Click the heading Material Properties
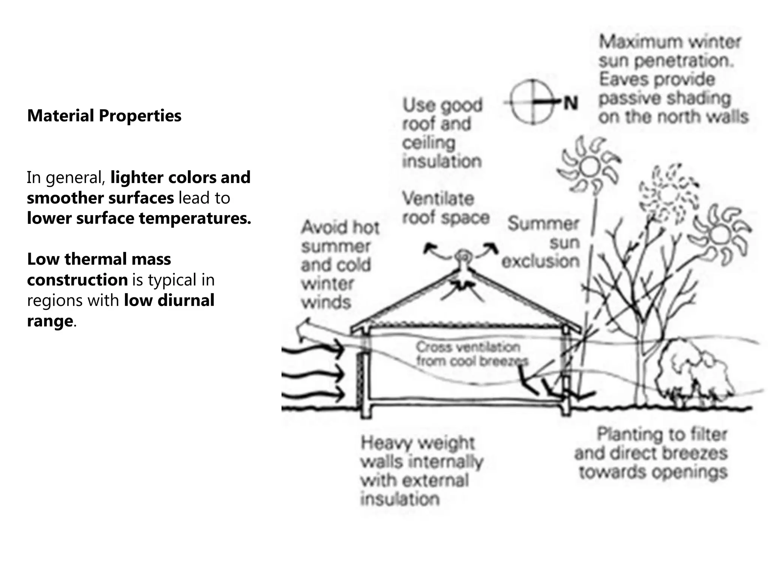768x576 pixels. pos(104,115)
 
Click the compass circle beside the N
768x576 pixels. pos(532,102)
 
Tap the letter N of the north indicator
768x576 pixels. pos(571,103)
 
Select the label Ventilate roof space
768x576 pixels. pos(445,208)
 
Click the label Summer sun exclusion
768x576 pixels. pos(542,243)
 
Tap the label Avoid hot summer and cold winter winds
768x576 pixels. pos(339,265)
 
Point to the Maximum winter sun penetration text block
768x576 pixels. pos(671,79)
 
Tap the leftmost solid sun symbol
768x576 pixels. pos(589,167)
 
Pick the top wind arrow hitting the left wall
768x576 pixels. pos(313,350)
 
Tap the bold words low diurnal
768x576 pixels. pos(169,300)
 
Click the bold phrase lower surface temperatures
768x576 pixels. pos(139,218)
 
